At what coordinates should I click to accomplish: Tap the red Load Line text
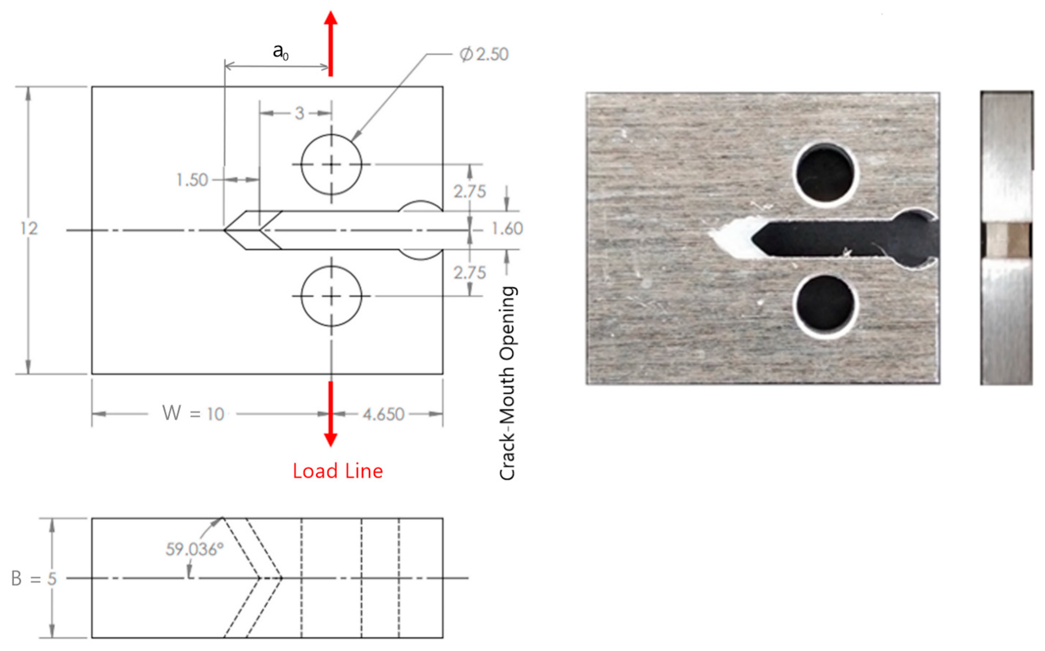click(338, 471)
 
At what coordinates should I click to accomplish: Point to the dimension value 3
click(299, 113)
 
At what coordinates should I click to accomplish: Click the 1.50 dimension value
click(192, 180)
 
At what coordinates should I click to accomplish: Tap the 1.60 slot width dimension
click(507, 229)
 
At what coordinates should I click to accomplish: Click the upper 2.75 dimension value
click(469, 192)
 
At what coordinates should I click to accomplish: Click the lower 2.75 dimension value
click(469, 273)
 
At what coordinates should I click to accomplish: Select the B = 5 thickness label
click(34, 579)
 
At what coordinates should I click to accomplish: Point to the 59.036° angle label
click(195, 549)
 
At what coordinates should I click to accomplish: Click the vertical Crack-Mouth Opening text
click(508, 383)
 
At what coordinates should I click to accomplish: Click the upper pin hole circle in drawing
click(331, 164)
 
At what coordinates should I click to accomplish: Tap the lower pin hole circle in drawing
click(331, 296)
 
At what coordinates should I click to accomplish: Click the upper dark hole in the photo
click(825, 173)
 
